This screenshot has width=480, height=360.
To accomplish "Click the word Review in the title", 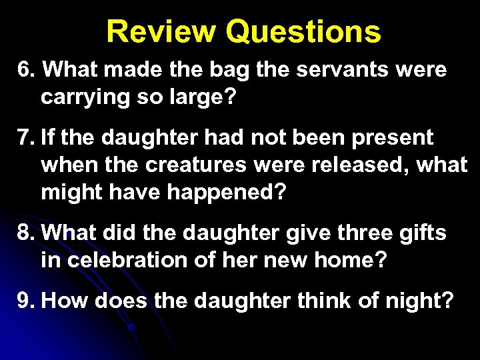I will click(161, 31).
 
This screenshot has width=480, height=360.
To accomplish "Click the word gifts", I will click(423, 235).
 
